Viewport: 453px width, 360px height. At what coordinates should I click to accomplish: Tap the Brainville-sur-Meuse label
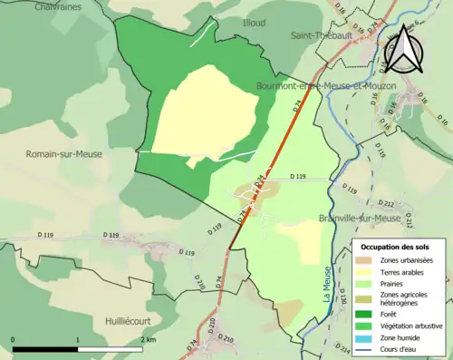pos(360,219)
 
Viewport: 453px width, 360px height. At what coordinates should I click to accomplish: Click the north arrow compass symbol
pos(402,47)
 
